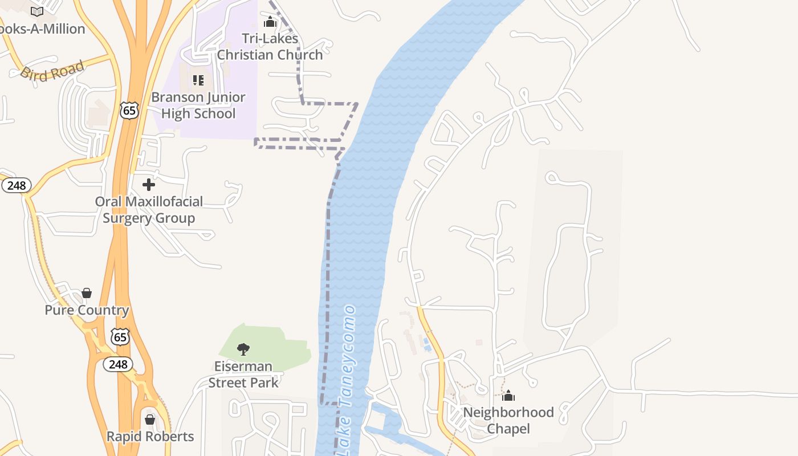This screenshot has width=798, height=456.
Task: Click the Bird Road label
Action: click(x=52, y=71)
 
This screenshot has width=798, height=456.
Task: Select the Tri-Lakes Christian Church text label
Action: click(x=270, y=47)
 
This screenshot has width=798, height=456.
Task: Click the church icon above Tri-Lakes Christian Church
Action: click(x=270, y=22)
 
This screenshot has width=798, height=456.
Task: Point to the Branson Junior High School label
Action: click(x=198, y=105)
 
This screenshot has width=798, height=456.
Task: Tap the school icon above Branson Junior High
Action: click(x=198, y=80)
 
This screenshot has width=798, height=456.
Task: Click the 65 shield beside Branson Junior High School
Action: click(x=129, y=110)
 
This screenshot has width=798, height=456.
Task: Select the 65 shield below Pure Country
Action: click(x=120, y=337)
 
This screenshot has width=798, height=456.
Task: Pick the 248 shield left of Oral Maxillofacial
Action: click(x=16, y=185)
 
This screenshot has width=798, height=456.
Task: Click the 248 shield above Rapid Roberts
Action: click(x=118, y=364)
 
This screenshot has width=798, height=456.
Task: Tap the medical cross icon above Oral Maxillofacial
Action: click(x=149, y=185)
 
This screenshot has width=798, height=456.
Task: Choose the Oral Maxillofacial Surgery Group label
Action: click(x=149, y=210)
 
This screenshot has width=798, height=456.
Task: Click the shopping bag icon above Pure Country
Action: click(x=87, y=293)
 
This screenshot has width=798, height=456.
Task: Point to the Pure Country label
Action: click(x=87, y=310)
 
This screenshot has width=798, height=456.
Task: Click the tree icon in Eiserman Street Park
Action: click(x=243, y=349)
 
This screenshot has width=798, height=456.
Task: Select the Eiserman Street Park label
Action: click(x=243, y=374)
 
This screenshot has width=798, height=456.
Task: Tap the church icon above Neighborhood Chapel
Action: click(x=508, y=396)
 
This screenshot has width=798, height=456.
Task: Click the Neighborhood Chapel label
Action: click(x=508, y=420)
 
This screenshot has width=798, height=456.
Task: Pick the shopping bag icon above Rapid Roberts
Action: click(x=150, y=420)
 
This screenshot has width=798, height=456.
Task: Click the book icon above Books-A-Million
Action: click(x=37, y=11)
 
